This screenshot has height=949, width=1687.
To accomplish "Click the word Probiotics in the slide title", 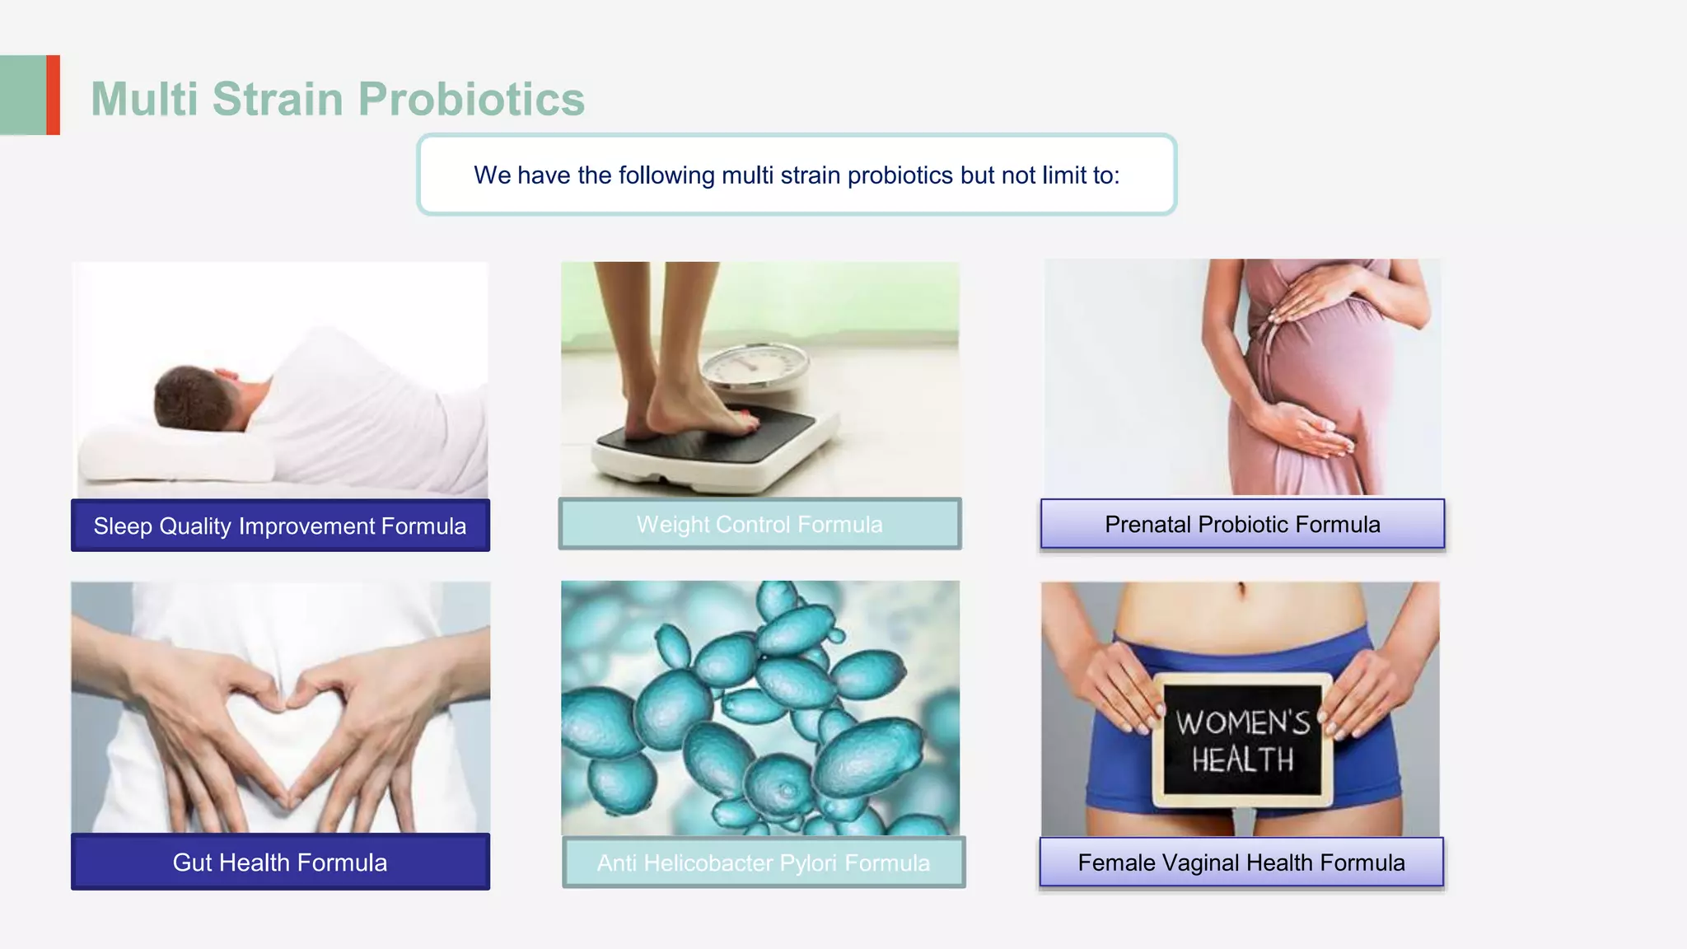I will pyautogui.click(x=471, y=100).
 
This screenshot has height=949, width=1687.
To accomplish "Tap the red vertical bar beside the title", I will pyautogui.click(x=54, y=95).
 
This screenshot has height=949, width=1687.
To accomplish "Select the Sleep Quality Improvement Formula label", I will pyautogui.click(x=280, y=526).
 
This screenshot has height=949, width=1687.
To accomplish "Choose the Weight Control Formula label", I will pyautogui.click(x=759, y=524).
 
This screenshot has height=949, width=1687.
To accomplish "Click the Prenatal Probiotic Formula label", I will pyautogui.click(x=1242, y=524).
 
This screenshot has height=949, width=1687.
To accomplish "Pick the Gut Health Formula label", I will pyautogui.click(x=280, y=863).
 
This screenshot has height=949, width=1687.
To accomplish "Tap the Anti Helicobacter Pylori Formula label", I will pyautogui.click(x=764, y=863).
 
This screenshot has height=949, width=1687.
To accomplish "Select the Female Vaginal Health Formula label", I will pyautogui.click(x=1241, y=863).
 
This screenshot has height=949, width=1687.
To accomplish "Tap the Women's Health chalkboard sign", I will pyautogui.click(x=1242, y=740).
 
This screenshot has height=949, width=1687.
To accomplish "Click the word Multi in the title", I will pyautogui.click(x=145, y=100).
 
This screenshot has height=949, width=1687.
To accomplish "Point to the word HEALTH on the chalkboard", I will pyautogui.click(x=1242, y=760).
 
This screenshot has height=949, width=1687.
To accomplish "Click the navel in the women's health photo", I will pyautogui.click(x=1241, y=590).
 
